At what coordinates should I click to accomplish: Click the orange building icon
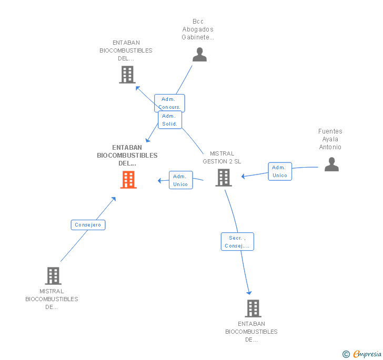coord(128,180)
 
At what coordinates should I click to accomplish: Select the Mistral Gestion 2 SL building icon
coord(224,178)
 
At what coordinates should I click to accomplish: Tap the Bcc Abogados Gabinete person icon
coord(199,55)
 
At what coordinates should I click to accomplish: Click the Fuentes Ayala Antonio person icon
coord(331,164)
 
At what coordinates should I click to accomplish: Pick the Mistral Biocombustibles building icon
coord(53,275)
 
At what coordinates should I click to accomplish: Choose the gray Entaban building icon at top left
coord(127,75)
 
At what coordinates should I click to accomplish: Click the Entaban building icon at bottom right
coord(253,308)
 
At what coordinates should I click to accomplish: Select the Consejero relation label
coord(88,225)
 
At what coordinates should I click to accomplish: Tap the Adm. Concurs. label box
coord(169,103)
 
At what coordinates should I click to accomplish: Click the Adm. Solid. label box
coord(169,120)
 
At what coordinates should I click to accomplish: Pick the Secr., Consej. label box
coord(237,242)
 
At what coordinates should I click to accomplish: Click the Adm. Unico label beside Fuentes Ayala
coord(280,171)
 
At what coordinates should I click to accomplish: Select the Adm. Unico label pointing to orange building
coord(180,180)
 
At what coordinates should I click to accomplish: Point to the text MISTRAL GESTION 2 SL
coord(222,158)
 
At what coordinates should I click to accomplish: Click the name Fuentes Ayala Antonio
coord(330,139)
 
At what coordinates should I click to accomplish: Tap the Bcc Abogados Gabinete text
coord(198,29)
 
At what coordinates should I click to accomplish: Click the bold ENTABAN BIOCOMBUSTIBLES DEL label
coord(127,156)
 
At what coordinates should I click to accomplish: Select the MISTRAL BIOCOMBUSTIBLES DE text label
coord(52,299)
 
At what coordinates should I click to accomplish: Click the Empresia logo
coord(367,354)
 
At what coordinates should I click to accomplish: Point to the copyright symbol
coord(346,355)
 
